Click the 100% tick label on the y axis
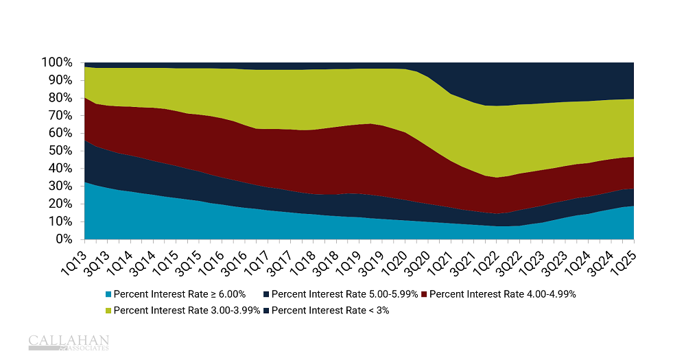click(57, 62)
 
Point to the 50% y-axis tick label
click(60, 151)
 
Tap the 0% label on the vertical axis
click(64, 239)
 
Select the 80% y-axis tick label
click(60, 98)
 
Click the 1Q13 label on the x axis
click(73, 258)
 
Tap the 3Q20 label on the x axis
click(416, 258)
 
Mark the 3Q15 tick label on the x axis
click(188, 258)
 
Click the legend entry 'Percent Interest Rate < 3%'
click(334, 310)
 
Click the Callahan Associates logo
click(69, 342)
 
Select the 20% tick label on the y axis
click(60, 204)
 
